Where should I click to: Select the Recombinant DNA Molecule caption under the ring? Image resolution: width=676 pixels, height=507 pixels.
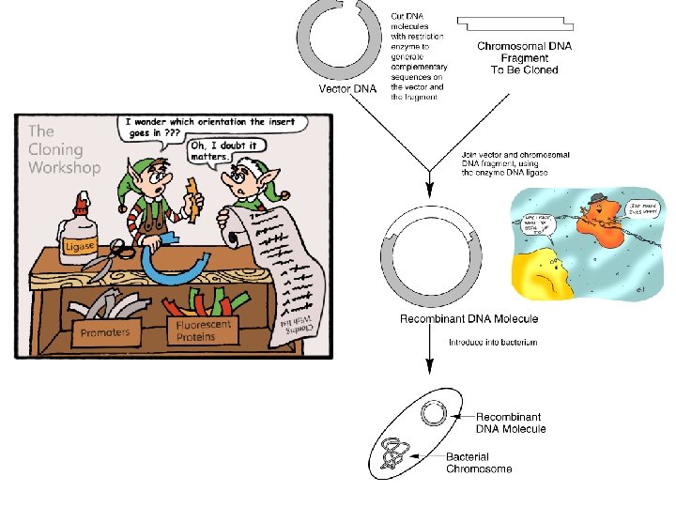coord(469,319)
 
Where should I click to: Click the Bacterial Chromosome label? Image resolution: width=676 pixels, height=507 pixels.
coord(479,462)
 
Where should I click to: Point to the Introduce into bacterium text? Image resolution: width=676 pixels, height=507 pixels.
coord(492,343)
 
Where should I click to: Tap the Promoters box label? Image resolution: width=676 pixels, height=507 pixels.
coord(105,332)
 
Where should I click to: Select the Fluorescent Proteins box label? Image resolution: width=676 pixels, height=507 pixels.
coord(205,330)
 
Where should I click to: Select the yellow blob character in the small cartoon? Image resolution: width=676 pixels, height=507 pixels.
coord(545,276)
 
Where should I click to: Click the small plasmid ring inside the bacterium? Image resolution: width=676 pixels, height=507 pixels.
coord(433,412)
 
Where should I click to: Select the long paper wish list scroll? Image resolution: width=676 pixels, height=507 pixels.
coord(286,272)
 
